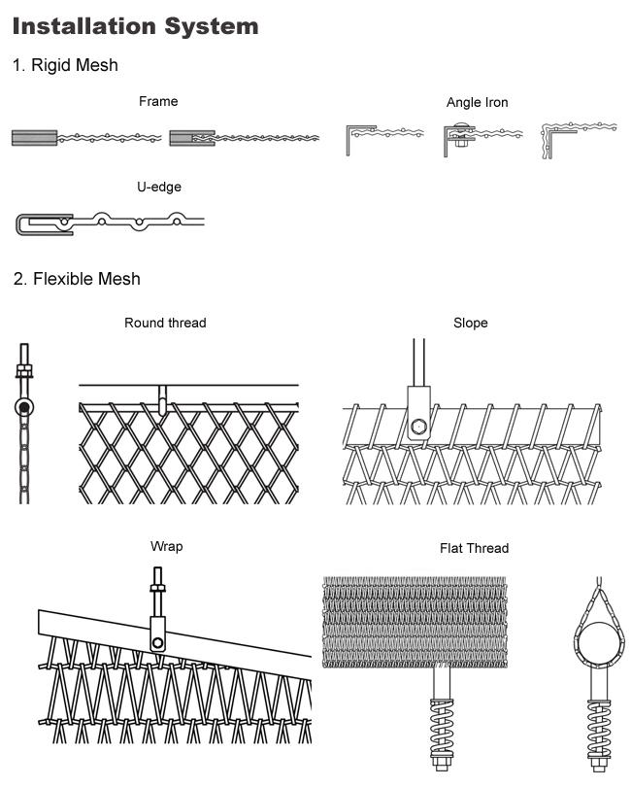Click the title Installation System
[135, 25]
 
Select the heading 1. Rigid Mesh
[65, 65]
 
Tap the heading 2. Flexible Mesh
[77, 279]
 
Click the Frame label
[158, 101]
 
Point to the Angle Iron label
[477, 102]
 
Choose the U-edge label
[159, 187]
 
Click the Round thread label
[165, 323]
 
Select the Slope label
[470, 323]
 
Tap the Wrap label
[166, 546]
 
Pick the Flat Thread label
[474, 548]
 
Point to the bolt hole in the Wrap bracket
[157, 641]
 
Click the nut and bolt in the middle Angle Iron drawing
[458, 136]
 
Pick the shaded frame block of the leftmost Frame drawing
[35, 138]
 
